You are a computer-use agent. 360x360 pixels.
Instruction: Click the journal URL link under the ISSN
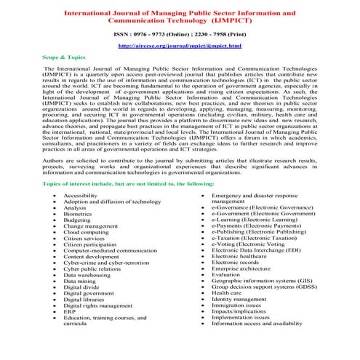[x=180, y=45]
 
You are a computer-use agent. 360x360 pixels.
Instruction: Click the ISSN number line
[x=180, y=33]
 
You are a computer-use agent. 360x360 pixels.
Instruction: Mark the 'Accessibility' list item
[x=82, y=196]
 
